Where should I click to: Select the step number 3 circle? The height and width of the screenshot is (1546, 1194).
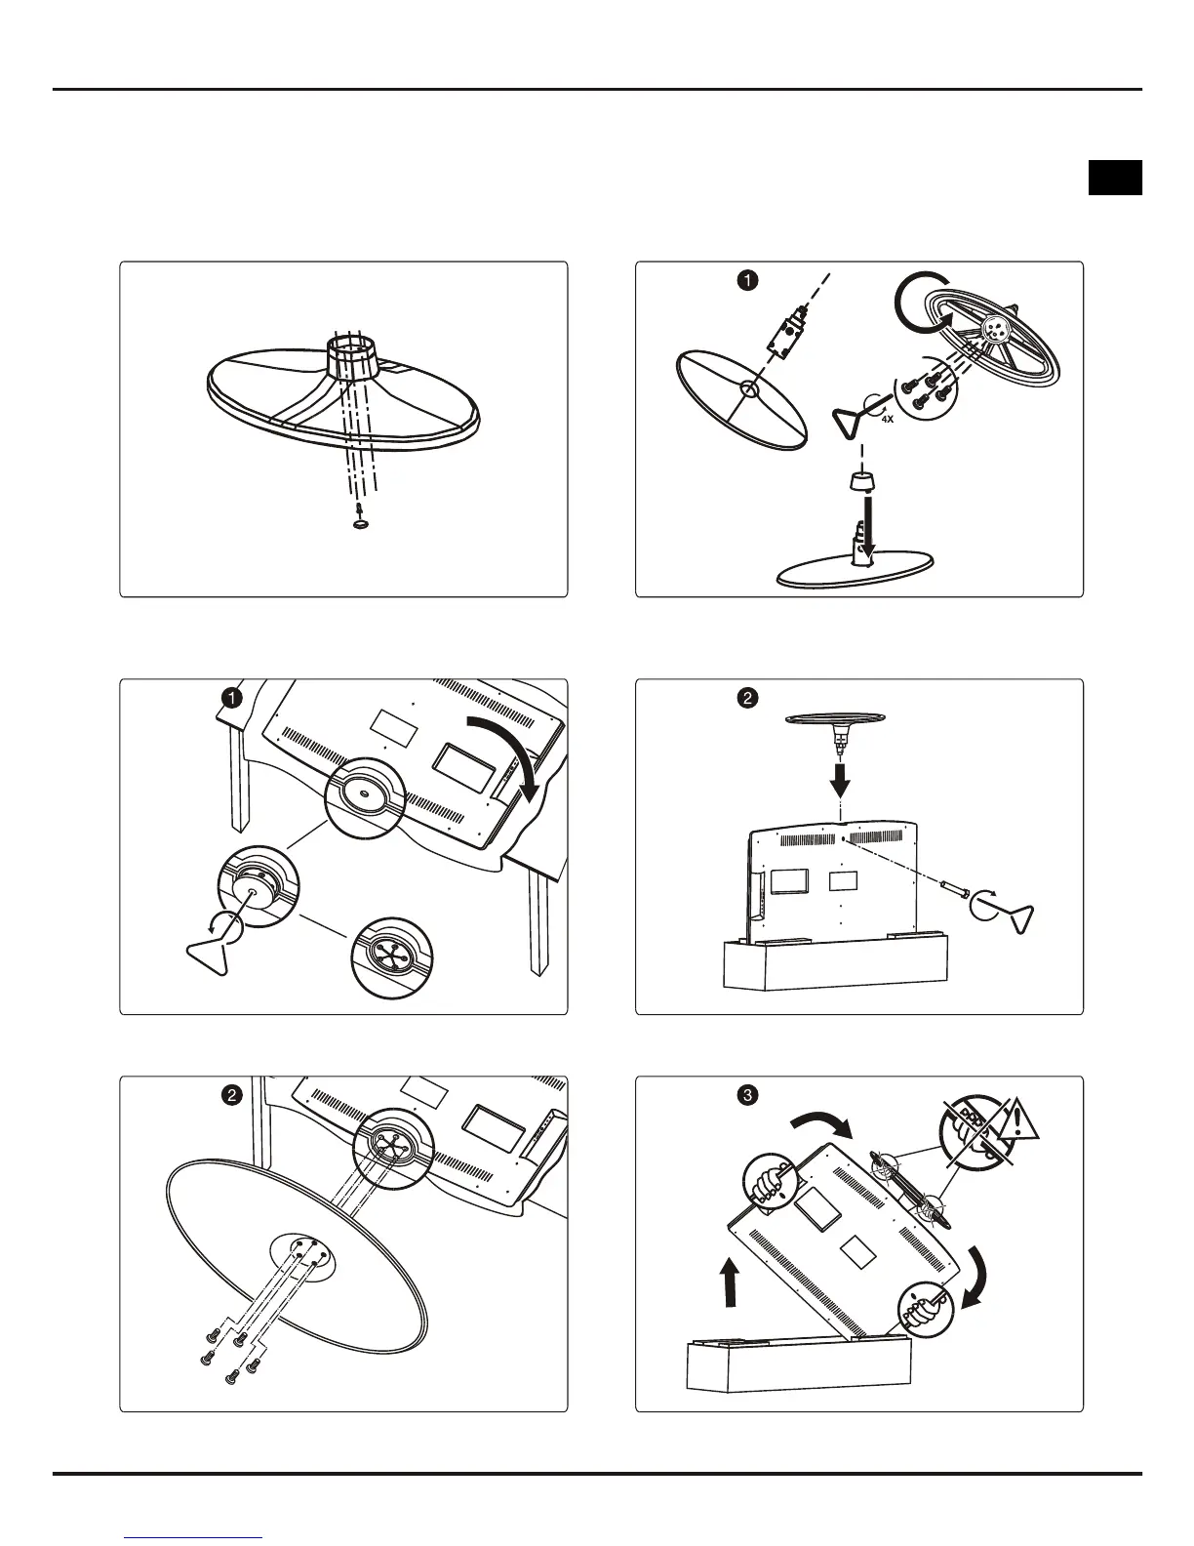[x=746, y=1094]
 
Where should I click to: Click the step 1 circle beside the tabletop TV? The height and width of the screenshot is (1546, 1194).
[x=231, y=697]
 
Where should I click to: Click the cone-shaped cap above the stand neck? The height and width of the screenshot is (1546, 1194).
[x=859, y=484]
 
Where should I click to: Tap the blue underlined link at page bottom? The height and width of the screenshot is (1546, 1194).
[x=194, y=1537]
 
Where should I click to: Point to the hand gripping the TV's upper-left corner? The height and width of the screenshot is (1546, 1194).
[x=772, y=1183]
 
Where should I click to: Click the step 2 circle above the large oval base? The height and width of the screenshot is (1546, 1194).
[x=231, y=1095]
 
